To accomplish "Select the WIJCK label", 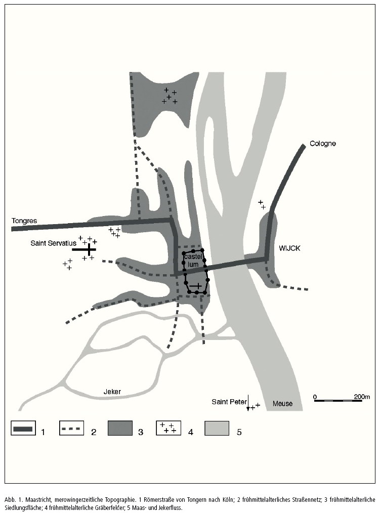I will tap(289, 248).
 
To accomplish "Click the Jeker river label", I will tap(113, 391).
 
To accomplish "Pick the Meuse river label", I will tap(282, 404).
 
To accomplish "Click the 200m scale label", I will tap(362, 396).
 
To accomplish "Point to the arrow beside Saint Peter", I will tap(248, 403).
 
